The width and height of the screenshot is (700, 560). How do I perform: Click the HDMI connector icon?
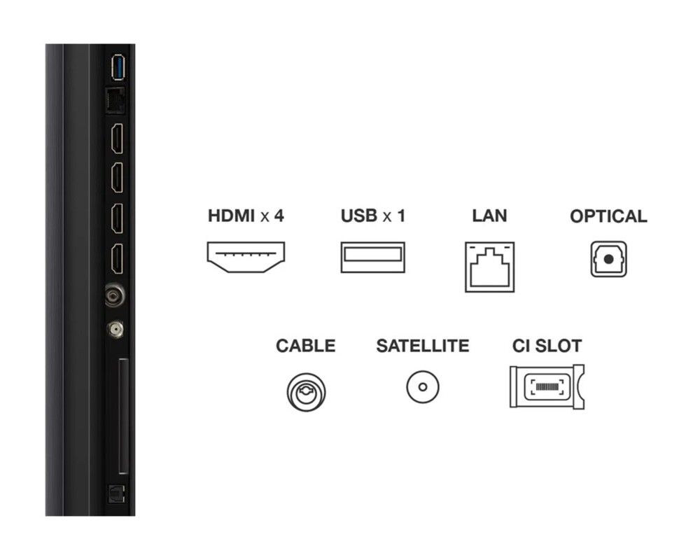[x=246, y=256]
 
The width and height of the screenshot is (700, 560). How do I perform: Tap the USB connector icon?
[x=372, y=257]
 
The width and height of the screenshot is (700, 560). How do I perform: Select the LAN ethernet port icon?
[x=489, y=267]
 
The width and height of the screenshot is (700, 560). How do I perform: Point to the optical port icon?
[x=608, y=259]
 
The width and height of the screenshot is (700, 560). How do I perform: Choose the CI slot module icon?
[x=547, y=386]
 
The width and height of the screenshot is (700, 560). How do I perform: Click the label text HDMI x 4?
[x=246, y=216]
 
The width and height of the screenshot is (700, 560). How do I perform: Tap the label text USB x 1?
[x=372, y=216]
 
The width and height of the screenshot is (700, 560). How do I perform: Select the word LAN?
[x=489, y=216]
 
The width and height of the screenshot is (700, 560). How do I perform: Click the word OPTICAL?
[x=608, y=216]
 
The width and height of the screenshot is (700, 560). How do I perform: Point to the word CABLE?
[x=305, y=346]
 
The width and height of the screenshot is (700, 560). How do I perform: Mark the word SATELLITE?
[x=422, y=346]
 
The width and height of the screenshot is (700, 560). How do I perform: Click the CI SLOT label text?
[x=547, y=346]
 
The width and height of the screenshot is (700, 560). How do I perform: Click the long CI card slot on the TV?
[x=123, y=416]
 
